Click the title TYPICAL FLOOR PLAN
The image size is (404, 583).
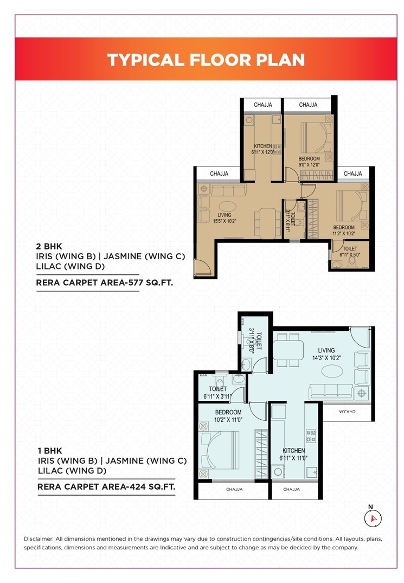pos(206,59)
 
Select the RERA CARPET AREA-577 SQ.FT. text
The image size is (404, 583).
pos(105,283)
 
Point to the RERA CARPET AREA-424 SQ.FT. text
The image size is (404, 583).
pos(106,487)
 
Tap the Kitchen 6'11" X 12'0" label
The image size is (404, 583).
pos(263,149)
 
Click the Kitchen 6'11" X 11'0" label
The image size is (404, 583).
pos(293,454)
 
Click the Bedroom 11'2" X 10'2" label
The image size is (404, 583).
pos(344,230)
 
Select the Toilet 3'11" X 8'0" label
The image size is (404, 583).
pos(254,342)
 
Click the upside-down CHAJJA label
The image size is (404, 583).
pos(347,412)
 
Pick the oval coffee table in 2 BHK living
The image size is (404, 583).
pos(226,206)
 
